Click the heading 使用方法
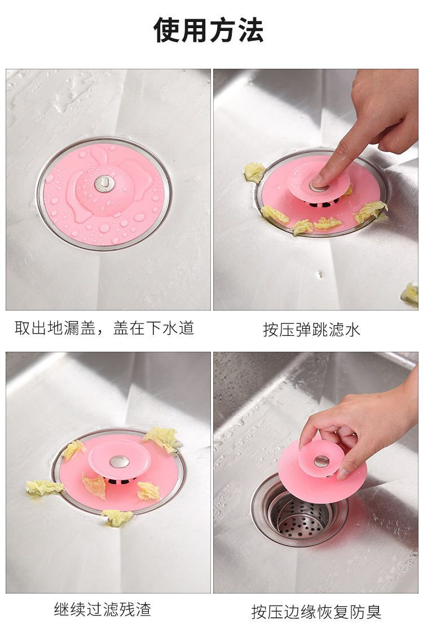[208, 30]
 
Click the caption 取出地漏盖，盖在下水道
[104, 328]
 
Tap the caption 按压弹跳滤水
[311, 330]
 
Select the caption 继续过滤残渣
[103, 609]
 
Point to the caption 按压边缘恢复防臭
[316, 612]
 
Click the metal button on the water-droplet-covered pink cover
[104, 184]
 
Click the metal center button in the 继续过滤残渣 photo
[119, 462]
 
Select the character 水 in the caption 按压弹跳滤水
[352, 330]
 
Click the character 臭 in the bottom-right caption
[373, 612]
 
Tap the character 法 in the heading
[250, 30]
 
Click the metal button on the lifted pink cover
[321, 462]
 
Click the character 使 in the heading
[167, 30]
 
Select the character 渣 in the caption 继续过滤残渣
[143, 609]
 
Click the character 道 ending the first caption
[186, 328]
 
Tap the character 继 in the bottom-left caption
[62, 609]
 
